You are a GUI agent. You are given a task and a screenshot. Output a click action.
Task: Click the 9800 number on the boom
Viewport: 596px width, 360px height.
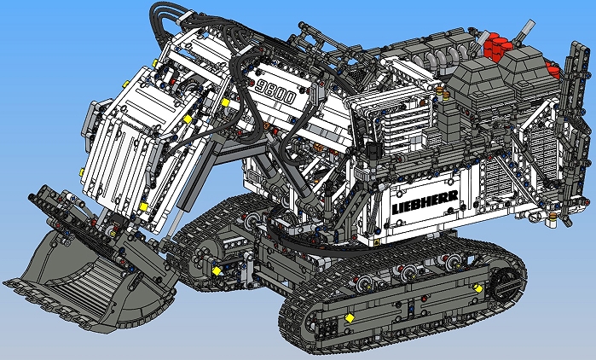point(275,90)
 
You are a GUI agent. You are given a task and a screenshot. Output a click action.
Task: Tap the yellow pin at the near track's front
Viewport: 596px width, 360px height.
point(348,318)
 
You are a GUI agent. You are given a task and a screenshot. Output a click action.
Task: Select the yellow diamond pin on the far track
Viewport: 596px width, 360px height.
point(217,270)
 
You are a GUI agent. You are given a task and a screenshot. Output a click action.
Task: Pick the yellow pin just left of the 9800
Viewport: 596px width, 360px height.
point(225,102)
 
